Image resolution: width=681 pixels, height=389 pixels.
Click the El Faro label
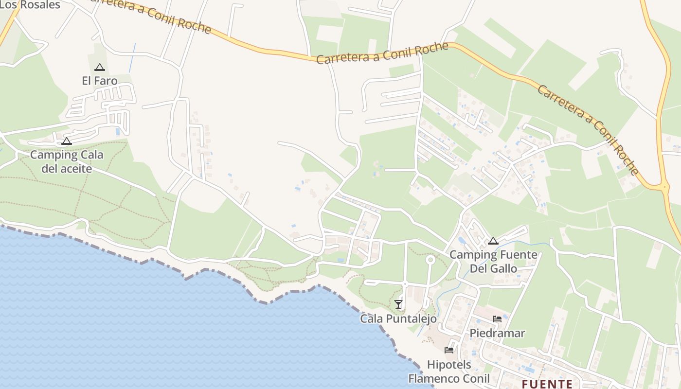pos(100,81)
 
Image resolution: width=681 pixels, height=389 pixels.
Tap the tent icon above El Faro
pos(100,67)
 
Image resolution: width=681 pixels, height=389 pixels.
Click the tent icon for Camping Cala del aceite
pos(67,141)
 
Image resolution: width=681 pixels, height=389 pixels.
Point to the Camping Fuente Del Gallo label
pos(493,261)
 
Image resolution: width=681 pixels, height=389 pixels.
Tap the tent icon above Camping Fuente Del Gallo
pos(493,241)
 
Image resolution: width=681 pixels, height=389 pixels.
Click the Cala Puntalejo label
pos(398,318)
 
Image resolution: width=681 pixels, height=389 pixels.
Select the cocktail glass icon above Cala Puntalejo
pos(398,304)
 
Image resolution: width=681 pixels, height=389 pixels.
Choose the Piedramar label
pos(497,333)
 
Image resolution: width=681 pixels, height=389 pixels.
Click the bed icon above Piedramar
pos(497,319)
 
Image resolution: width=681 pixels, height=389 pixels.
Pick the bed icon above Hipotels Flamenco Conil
pos(449,350)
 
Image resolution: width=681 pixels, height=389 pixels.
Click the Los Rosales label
pos(30,5)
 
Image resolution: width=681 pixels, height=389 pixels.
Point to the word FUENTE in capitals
pos(547,384)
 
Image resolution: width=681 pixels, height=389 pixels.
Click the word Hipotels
pos(449,364)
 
